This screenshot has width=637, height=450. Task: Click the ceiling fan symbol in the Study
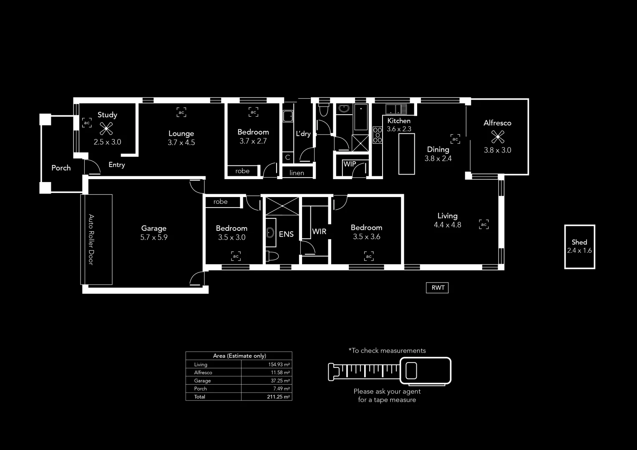[x=106, y=129]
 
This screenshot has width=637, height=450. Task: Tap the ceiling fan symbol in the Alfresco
[x=497, y=137]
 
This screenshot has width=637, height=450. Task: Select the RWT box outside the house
[x=437, y=287]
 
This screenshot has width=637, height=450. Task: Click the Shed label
[x=579, y=242]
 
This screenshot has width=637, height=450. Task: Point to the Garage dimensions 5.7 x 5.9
[x=154, y=237]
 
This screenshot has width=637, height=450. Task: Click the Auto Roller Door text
[x=91, y=240]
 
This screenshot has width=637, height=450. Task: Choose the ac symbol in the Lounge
[x=181, y=112]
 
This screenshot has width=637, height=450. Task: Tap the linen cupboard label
[x=297, y=173]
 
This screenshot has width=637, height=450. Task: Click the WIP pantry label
[x=350, y=164]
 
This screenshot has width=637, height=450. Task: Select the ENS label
[x=286, y=234]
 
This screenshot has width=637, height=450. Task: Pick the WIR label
[x=319, y=231]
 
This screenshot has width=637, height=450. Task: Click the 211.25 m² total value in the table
[x=278, y=397]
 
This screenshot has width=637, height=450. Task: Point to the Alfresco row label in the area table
[x=203, y=372]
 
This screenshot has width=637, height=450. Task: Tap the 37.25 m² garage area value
[x=279, y=381]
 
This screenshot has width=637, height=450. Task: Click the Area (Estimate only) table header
[x=239, y=356]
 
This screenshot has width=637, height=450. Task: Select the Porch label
[x=61, y=168]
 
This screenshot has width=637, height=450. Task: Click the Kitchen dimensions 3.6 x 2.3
[x=399, y=129]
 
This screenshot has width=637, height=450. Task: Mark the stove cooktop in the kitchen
[x=377, y=135]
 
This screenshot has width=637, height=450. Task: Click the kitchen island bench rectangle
[x=406, y=154]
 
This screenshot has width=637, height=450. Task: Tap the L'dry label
[x=303, y=134]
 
